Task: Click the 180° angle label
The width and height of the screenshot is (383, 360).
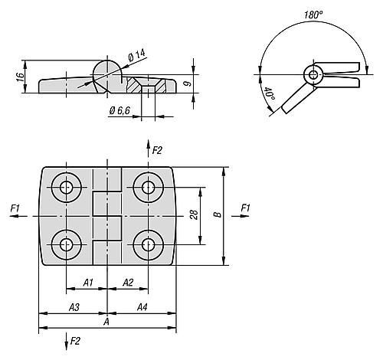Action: [313, 15]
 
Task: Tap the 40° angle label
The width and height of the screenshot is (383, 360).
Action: [270, 94]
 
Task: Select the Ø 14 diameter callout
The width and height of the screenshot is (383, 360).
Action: [137, 55]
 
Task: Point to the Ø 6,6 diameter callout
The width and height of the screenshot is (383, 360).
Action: [119, 110]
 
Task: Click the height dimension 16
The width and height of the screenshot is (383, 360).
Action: [20, 77]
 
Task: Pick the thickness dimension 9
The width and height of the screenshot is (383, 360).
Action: [188, 83]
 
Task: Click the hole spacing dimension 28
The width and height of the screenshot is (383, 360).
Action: [194, 214]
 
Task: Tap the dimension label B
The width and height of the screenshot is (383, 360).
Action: [218, 214]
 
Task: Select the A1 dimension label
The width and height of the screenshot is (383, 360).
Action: [88, 283]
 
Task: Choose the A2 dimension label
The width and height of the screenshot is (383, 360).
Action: [128, 283]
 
